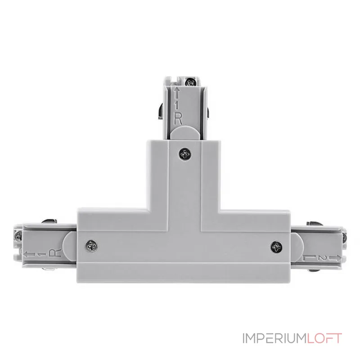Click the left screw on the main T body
(91, 246)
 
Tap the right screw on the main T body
(276, 247)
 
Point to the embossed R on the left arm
(55, 253)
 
